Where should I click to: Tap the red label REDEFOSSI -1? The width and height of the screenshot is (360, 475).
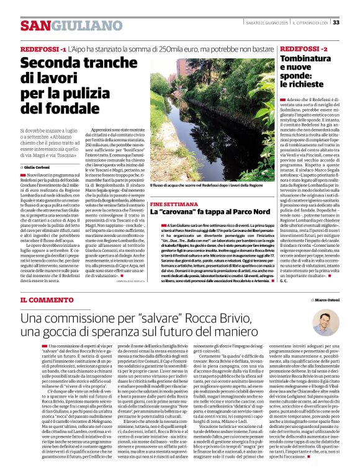tap(43, 48)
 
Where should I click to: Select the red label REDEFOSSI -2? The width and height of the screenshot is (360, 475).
tap(304, 48)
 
